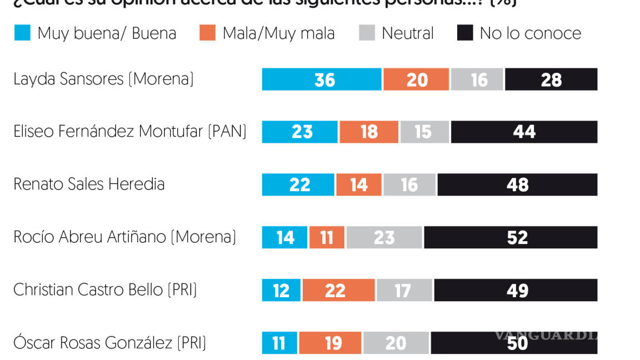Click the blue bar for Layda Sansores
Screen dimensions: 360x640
click(322, 79)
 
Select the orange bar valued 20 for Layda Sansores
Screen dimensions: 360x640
click(416, 79)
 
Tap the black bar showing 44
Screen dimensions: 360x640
click(524, 132)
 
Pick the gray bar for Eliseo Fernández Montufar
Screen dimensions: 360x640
click(424, 132)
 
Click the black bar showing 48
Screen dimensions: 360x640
click(517, 185)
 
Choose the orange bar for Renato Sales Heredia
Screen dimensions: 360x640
click(358, 185)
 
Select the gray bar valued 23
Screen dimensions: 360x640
click(384, 238)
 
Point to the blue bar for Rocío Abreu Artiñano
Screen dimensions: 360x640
click(284, 238)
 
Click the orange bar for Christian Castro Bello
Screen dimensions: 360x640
click(338, 291)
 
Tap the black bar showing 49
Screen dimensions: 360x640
click(516, 291)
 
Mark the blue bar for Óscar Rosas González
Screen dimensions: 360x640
click(279, 343)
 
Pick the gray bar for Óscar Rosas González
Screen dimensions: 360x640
click(396, 343)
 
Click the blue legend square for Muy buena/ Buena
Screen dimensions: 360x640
click(22, 33)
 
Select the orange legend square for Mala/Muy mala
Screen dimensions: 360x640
click(207, 33)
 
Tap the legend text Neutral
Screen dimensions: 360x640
click(407, 33)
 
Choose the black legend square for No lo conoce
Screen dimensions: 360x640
click(465, 33)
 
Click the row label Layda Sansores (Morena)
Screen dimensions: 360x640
click(103, 79)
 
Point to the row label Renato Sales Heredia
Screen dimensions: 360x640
click(89, 184)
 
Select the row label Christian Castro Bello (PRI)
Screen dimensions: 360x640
click(105, 290)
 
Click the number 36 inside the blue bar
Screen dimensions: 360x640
click(324, 80)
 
